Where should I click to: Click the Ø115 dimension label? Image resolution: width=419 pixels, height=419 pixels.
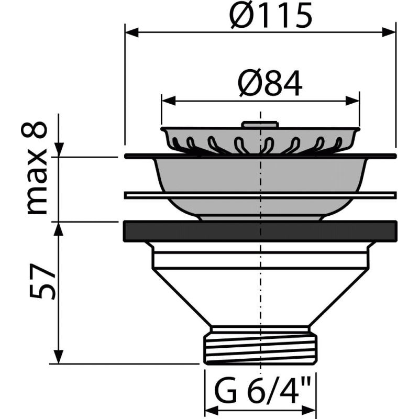click(x=271, y=17)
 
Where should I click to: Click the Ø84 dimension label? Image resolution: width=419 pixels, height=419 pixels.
click(x=270, y=84)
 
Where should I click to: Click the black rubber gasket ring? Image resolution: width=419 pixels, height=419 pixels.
click(x=260, y=231)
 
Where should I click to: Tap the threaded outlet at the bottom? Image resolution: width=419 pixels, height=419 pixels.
click(x=260, y=345)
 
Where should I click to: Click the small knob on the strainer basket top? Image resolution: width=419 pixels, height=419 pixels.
click(x=260, y=125)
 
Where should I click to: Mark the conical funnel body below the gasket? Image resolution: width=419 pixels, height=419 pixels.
click(x=260, y=293)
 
